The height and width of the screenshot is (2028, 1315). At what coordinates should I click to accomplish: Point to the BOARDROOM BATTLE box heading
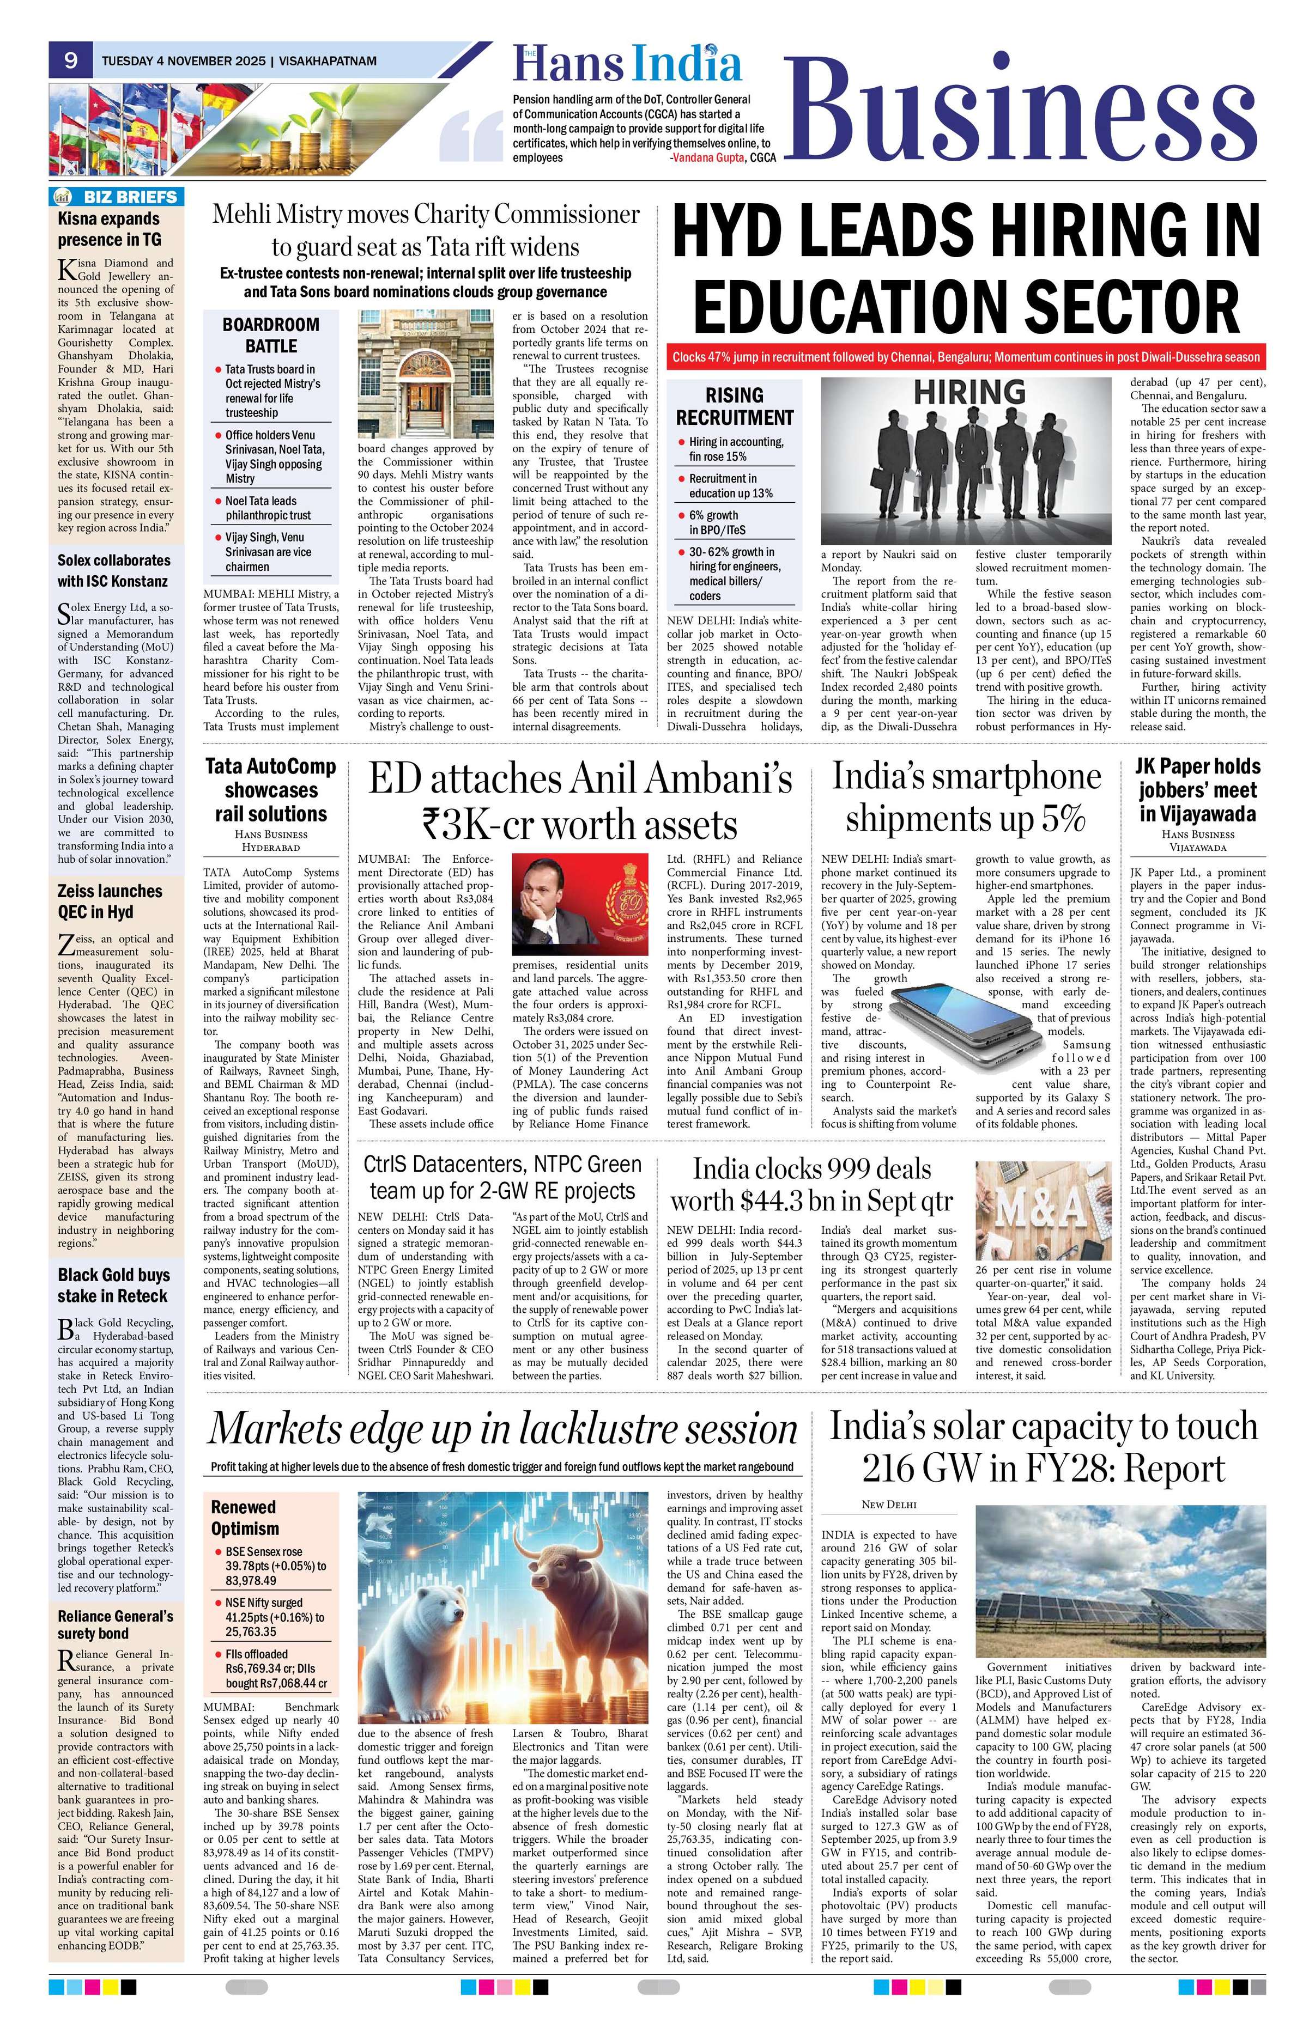(270, 335)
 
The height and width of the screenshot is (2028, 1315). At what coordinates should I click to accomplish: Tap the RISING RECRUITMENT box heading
(734, 406)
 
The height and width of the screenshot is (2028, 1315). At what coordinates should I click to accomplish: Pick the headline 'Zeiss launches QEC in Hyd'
(110, 900)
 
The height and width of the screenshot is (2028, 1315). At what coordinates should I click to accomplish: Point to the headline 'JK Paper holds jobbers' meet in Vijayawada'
(1197, 789)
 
